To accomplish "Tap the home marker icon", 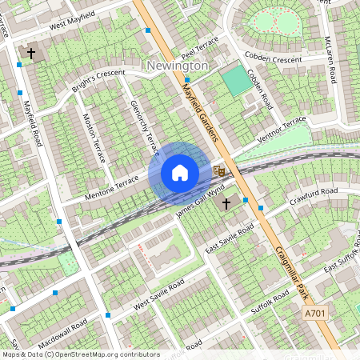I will pos(180,173).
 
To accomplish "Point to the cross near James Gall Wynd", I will pos(226,204).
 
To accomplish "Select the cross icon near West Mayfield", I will pos(31,54).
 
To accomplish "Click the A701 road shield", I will pos(314,315).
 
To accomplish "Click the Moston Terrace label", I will pos(94,137).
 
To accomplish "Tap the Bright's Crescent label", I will pos(100,81).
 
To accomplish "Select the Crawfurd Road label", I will pos(314,196).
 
